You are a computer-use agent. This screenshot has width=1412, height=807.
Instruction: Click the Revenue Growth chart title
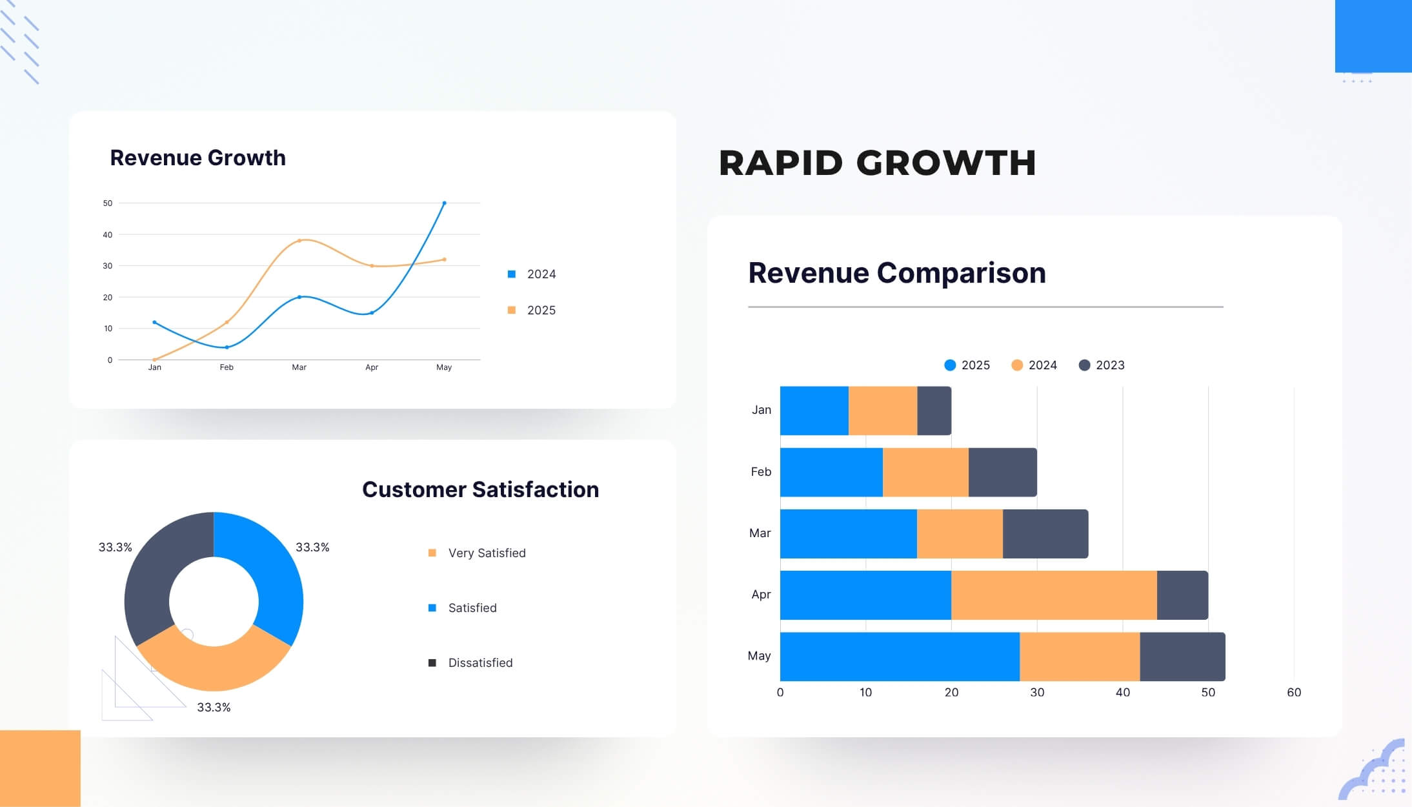tap(197, 158)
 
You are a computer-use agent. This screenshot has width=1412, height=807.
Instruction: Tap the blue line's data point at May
tap(444, 203)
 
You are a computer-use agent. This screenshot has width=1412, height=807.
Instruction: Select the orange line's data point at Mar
tap(299, 241)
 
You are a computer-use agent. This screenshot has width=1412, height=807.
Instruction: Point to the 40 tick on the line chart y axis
tap(107, 235)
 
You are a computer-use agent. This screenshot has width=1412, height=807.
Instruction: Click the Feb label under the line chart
tap(227, 367)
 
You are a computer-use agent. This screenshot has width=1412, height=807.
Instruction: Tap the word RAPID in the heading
tap(781, 163)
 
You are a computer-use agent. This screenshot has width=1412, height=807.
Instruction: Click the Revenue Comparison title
tap(896, 272)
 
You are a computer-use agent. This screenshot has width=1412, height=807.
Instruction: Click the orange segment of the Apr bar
tap(1053, 595)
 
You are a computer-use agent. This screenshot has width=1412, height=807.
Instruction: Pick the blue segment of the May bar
tap(899, 657)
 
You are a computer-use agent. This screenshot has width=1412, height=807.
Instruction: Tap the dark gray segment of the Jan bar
tap(934, 411)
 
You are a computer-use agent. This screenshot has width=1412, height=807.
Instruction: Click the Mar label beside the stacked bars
tap(760, 533)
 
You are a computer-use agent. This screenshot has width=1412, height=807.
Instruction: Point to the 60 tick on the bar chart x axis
tap(1293, 693)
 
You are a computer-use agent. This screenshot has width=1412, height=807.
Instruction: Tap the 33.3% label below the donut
tap(214, 708)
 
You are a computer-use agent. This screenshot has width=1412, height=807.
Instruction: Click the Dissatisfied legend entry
tap(479, 663)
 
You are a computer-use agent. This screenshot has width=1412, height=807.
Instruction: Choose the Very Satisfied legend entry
tap(486, 553)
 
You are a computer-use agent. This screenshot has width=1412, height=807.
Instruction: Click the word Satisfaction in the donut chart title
tap(535, 489)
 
